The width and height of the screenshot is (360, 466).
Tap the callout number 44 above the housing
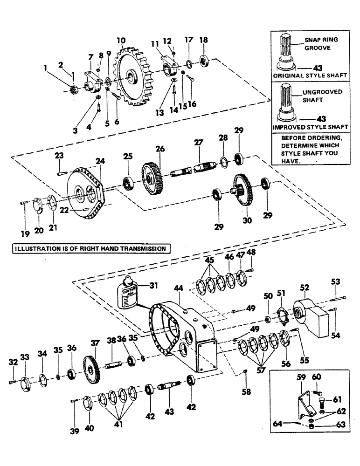178,289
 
